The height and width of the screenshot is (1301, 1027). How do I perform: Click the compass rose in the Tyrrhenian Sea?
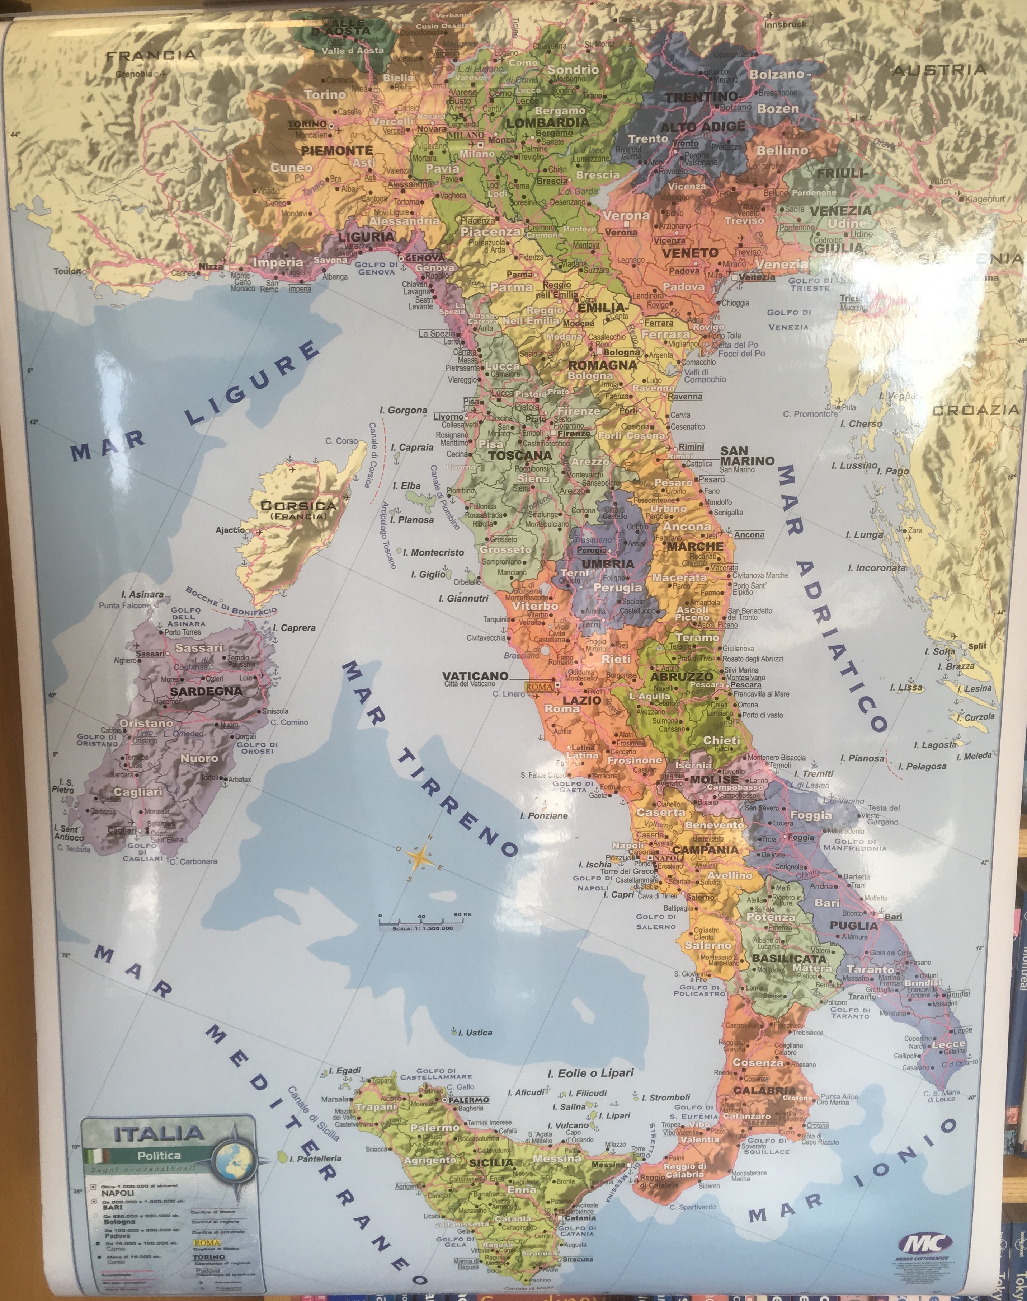pyautogui.click(x=422, y=857)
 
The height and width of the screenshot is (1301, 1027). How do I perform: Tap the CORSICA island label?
pyautogui.click(x=298, y=506)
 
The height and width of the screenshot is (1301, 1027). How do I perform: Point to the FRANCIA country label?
pyautogui.click(x=151, y=55)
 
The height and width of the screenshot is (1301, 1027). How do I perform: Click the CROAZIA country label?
pyautogui.click(x=975, y=410)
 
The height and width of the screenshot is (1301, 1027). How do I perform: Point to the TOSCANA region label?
pyautogui.click(x=519, y=455)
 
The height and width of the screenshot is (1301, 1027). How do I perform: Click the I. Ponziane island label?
pyautogui.click(x=543, y=816)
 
